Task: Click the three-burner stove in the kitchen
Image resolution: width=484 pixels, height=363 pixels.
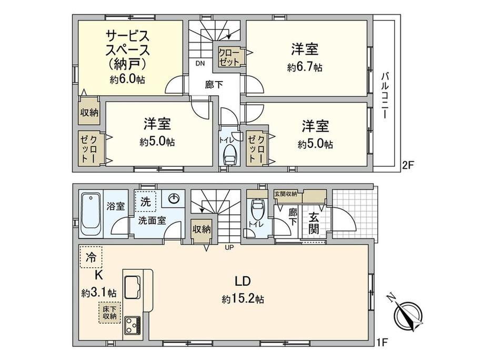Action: pos(133,325)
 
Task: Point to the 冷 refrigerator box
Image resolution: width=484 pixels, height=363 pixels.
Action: pos(91,257)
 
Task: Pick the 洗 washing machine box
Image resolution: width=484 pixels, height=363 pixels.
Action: pos(145,201)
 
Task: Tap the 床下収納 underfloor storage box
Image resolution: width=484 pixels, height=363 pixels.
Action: pos(109,312)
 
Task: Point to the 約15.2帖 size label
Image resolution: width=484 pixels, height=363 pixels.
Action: pos(243,299)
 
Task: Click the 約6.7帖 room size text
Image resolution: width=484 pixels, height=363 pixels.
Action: pos(305,67)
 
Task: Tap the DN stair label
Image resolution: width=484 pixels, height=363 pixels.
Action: pos(200,64)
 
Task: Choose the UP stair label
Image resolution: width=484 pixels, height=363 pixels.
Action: pos(229,247)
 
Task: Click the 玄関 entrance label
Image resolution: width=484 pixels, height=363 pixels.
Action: pos(313,224)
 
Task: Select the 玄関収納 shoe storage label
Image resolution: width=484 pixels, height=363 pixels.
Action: pos(286,194)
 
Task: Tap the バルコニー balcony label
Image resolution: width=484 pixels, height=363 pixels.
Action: pos(385,96)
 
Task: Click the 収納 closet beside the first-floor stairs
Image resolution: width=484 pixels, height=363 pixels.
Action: pos(201,230)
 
